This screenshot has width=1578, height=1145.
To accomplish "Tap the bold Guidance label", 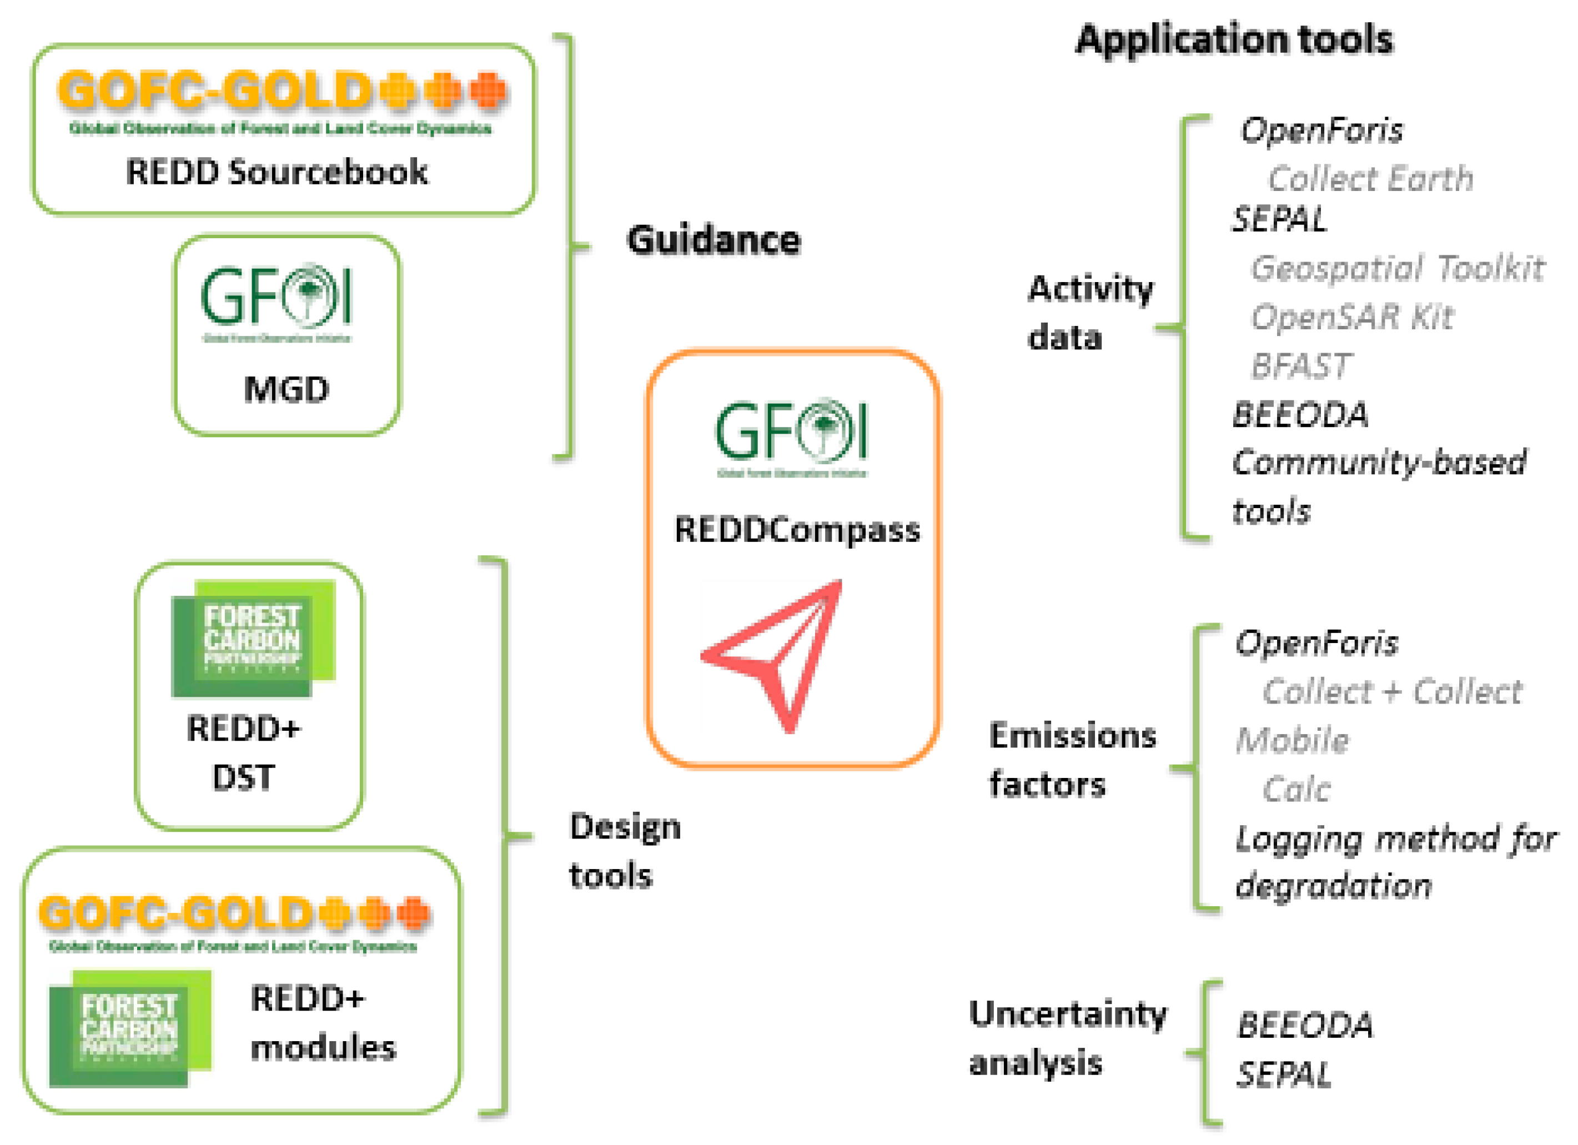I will (x=713, y=240).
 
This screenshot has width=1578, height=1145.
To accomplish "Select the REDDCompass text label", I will (x=797, y=531).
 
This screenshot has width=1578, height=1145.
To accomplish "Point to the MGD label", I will (x=286, y=390).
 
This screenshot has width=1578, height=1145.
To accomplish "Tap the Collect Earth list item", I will (x=1370, y=179).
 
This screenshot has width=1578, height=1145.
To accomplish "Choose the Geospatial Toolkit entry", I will (x=1396, y=269).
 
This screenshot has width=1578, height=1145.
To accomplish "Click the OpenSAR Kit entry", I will (x=1352, y=318).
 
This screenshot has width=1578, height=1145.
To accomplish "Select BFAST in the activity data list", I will (x=1301, y=366).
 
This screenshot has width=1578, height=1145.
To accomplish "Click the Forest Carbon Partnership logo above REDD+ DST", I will (x=253, y=639).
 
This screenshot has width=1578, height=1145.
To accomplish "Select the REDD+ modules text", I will (x=322, y=1023).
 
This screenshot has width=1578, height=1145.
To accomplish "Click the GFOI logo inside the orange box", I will (x=792, y=435).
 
